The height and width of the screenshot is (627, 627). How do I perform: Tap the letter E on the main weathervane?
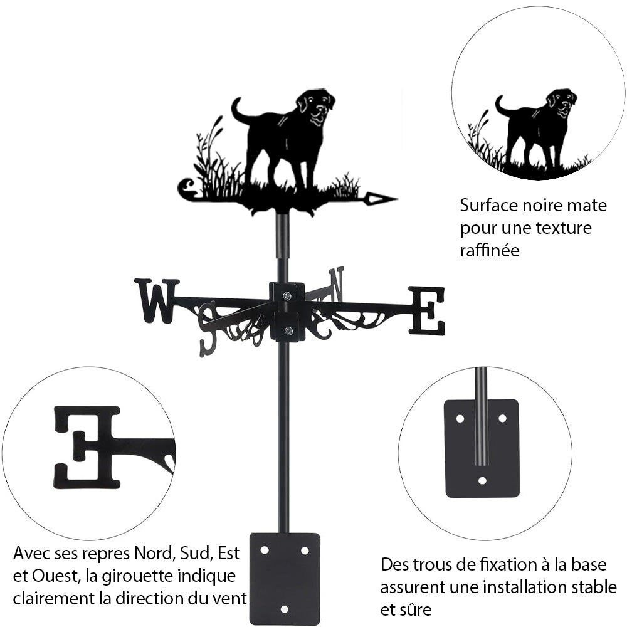[x=426, y=310]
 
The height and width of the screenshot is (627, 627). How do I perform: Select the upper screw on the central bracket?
[x=287, y=296]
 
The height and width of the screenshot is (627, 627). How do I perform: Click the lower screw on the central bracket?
[x=288, y=330]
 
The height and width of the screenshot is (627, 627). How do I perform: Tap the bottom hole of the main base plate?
[x=284, y=609]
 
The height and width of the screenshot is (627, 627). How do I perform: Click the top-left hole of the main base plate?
[x=265, y=551]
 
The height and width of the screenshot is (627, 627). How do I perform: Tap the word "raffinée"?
[x=490, y=250]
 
